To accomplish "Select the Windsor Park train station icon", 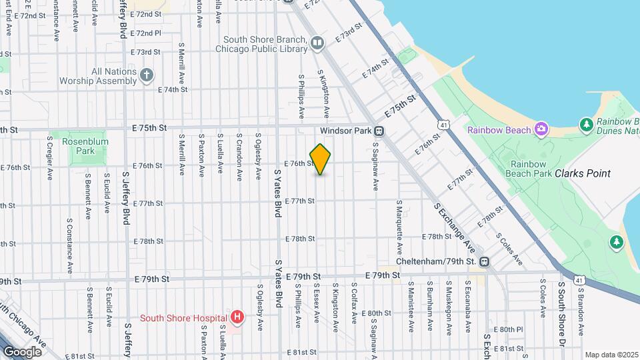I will (x=379, y=131).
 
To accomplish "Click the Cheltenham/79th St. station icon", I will (x=485, y=261).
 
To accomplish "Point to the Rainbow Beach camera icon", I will (x=541, y=129).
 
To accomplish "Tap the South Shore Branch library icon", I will (x=317, y=44).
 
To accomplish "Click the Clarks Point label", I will (x=582, y=173).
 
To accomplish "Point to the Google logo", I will (x=21, y=351).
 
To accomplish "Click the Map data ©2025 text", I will (x=611, y=355).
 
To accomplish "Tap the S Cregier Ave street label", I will (x=49, y=159).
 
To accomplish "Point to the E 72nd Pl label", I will (x=146, y=33).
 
